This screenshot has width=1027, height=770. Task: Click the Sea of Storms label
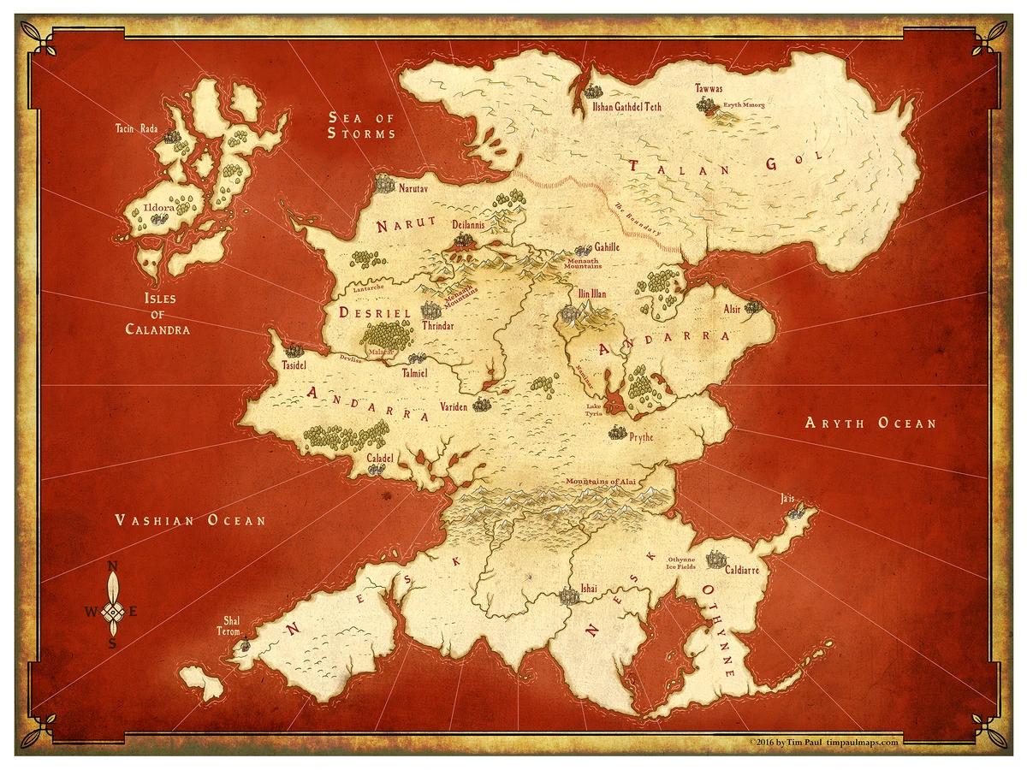[x=362, y=125]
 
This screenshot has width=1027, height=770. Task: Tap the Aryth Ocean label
[x=870, y=423]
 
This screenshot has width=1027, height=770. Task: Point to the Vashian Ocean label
[x=190, y=520]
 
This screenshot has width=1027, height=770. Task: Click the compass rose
[x=112, y=609]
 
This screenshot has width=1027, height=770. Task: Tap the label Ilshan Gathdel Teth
[x=627, y=107]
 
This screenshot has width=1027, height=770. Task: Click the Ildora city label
[x=159, y=206]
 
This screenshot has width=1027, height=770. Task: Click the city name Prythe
[x=641, y=437]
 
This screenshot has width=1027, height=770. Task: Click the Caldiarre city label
[x=741, y=570]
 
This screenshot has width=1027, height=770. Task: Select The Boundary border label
[x=638, y=220]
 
